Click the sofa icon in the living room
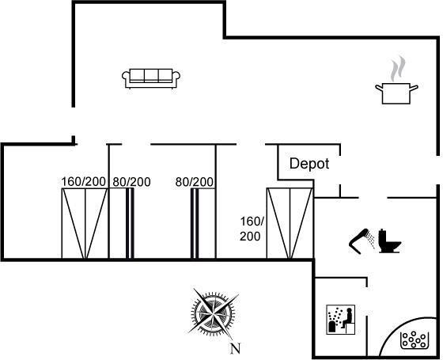click(x=151, y=78)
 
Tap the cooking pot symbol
click(x=396, y=93)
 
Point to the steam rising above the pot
click(x=398, y=69)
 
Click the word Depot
click(x=309, y=164)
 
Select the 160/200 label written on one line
click(x=83, y=182)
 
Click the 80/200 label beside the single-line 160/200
click(x=131, y=182)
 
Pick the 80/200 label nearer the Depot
click(x=195, y=182)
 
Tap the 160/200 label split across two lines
click(x=252, y=229)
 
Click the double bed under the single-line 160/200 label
click(x=85, y=223)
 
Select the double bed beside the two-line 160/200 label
click(x=290, y=223)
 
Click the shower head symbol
click(x=362, y=241)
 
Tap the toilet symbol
click(x=389, y=241)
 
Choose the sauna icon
click(x=341, y=320)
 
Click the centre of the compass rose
click(x=213, y=313)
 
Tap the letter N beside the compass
click(x=236, y=348)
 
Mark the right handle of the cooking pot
click(x=414, y=88)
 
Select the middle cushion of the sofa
click(x=151, y=75)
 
